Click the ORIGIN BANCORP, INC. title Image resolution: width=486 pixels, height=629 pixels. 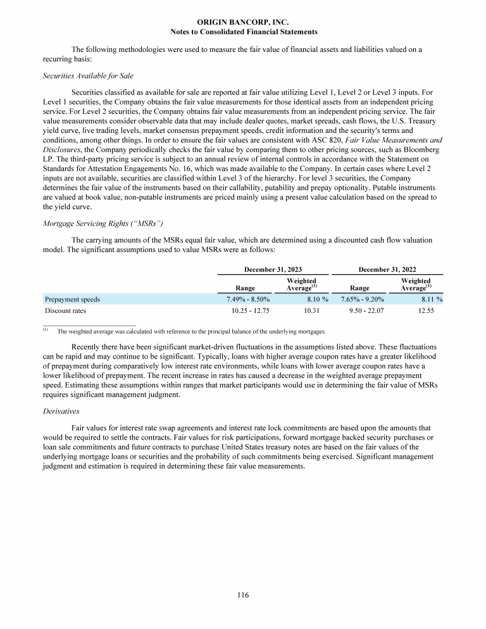(244, 22)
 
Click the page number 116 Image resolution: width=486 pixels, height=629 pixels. (244, 595)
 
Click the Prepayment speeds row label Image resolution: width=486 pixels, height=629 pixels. (72, 299)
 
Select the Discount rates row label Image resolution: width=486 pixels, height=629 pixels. (65, 311)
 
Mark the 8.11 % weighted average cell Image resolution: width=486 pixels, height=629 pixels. (428, 299)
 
